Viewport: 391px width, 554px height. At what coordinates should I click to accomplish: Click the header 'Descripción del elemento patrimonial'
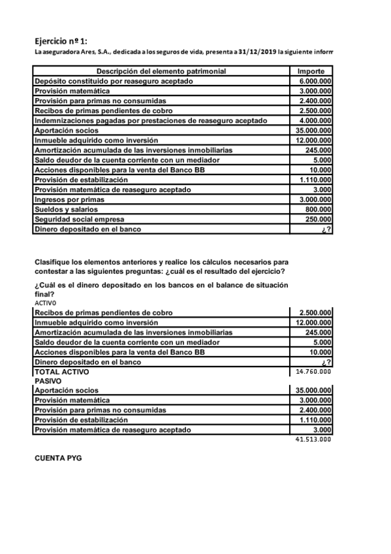161,71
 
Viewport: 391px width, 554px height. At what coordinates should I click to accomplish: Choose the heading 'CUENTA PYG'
58,459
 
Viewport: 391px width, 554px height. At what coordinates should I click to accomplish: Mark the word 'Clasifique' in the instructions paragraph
52,262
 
